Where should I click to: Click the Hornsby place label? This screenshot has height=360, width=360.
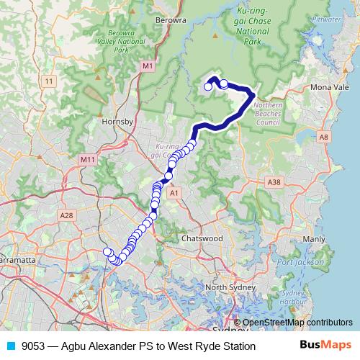(119, 122)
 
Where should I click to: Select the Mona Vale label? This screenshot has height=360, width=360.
(329, 87)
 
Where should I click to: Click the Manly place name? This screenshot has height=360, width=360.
(314, 238)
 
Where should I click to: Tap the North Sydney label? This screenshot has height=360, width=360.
(230, 288)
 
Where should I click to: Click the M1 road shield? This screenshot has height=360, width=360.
(148, 66)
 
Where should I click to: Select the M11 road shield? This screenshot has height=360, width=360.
(88, 159)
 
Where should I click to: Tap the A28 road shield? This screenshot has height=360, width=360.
(67, 215)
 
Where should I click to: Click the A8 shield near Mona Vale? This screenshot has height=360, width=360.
(325, 136)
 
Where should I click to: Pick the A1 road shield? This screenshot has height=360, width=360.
(173, 193)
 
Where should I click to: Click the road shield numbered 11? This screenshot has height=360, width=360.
(48, 82)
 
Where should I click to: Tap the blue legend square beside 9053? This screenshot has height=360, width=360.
(9, 346)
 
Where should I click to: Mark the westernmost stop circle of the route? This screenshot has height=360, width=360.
(107, 251)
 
